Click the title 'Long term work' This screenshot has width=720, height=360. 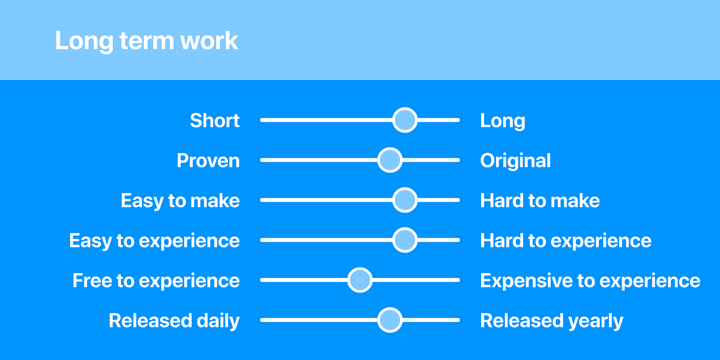pos(146,41)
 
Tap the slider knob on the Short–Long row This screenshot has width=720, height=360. pos(405,120)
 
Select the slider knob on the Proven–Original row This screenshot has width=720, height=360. pos(390,160)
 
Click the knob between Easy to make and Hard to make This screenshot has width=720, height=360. pos(405,200)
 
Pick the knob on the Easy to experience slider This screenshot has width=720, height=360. pos(405,240)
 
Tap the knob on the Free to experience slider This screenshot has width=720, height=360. pos(360,280)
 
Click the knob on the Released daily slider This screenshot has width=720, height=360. pos(390,320)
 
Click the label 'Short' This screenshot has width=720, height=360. pos(215,121)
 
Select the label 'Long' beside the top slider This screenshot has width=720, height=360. pos(503,122)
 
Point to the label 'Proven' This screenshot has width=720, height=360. pos(208,160)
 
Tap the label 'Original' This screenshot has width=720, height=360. pos(515,161)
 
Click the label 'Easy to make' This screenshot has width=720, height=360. pos(180,201)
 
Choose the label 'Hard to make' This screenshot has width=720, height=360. pos(540,201)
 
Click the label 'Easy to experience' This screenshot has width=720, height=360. pos(155,241)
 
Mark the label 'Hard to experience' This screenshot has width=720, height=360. pos(566,241)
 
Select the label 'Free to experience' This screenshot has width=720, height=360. pos(156,281)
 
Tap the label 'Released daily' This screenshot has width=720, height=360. pos(174,321)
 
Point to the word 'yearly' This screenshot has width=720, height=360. pos(596,321)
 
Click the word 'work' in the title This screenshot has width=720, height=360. pos(209,41)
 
